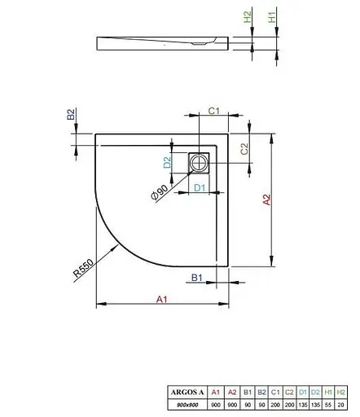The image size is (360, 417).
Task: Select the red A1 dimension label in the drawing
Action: tap(161, 299)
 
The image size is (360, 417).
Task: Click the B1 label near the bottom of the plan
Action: tap(196, 278)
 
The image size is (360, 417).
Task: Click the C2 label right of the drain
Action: tap(244, 149)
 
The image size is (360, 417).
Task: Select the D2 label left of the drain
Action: tap(168, 163)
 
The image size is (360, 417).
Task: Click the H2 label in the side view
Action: tap(248, 17)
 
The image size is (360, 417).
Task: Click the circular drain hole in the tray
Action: tap(199, 163)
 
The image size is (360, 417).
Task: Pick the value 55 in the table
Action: tap(327, 405)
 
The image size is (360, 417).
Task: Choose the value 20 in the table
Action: tap(342, 405)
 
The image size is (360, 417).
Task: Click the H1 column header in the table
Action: tap(327, 392)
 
